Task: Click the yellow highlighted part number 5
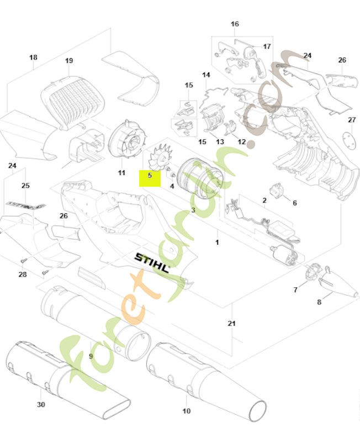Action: (150, 177)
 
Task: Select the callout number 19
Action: (69, 60)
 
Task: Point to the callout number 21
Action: (232, 324)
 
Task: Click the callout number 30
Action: (41, 404)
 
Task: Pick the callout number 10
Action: (186, 411)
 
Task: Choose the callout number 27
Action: (352, 120)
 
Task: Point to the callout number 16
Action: (235, 24)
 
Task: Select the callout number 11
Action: (121, 173)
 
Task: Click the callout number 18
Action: (33, 57)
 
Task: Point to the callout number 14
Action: (206, 75)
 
